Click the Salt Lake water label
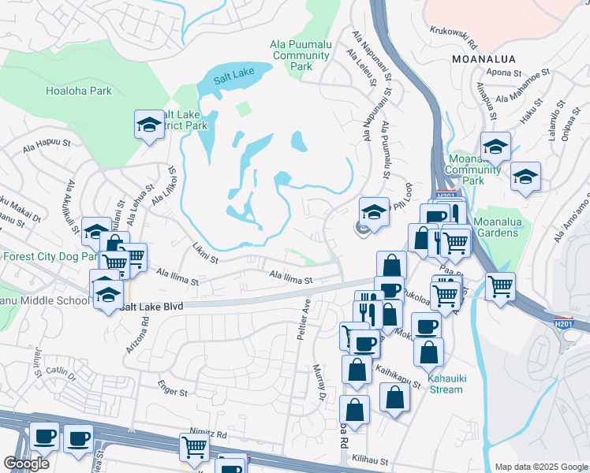pyautogui.click(x=234, y=73)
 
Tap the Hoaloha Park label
pyautogui.click(x=79, y=91)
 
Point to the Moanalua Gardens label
pyautogui.click(x=499, y=227)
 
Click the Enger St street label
pyautogui.click(x=172, y=391)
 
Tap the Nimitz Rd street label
pyautogui.click(x=208, y=434)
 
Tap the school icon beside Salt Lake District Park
pyautogui.click(x=148, y=125)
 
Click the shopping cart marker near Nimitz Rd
pyautogui.click(x=194, y=448)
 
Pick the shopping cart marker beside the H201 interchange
pyautogui.click(x=500, y=286)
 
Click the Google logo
pyautogui.click(x=26, y=464)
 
